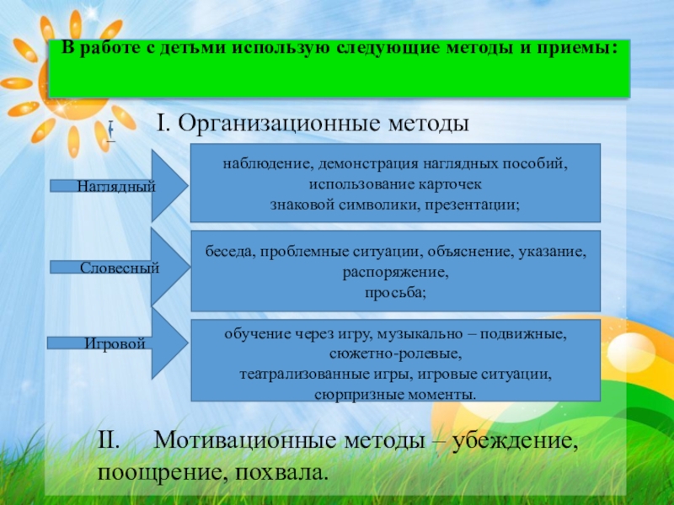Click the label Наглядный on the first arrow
click(116, 185)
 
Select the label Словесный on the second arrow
click(120, 268)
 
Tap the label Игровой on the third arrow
click(115, 343)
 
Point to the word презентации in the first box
click(476, 204)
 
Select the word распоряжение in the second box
click(395, 272)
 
